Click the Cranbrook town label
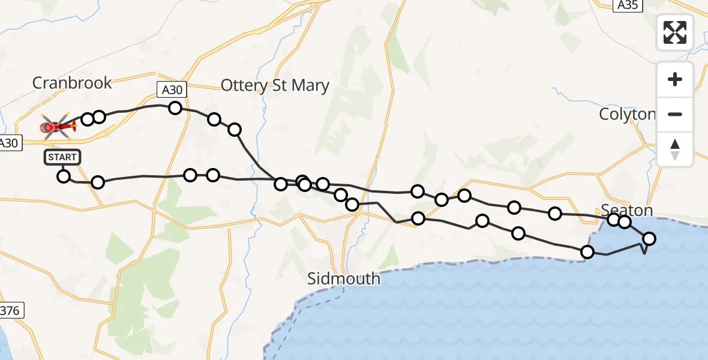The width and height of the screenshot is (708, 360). point(72,83)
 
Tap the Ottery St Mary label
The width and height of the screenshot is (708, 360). point(275,86)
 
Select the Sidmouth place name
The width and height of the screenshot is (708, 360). point(344,278)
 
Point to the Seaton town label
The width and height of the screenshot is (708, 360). point(626,210)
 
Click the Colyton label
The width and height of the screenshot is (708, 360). point(627,114)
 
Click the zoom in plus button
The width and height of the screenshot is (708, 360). point(675,79)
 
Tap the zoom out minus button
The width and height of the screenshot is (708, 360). point(675,114)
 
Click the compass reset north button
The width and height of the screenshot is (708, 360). point(675,149)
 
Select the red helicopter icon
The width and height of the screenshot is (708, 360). point(58,126)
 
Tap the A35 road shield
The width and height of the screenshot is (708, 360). point(629,5)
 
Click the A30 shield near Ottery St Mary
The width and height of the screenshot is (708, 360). point(172,90)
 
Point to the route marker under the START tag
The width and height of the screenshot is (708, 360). point(63,176)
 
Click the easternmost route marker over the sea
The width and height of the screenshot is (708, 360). point(649,239)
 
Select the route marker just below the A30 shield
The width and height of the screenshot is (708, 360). point(175,108)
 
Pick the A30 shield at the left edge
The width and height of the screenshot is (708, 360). point(9,143)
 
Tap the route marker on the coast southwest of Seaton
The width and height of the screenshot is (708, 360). point(587,252)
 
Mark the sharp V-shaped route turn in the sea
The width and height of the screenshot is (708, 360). point(644,253)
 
